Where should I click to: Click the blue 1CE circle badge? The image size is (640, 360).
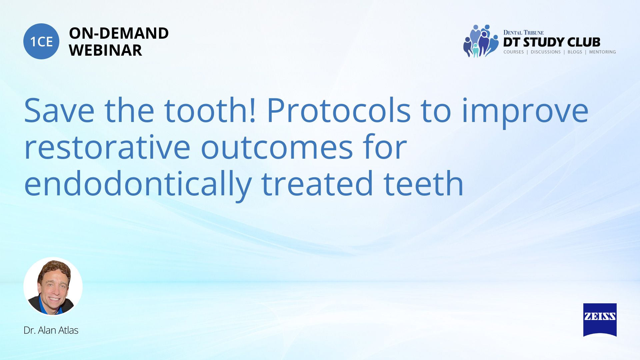point(41,41)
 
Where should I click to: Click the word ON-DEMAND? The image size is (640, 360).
point(119,33)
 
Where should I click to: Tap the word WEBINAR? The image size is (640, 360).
point(105,50)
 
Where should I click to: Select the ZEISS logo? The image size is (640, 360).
point(600,320)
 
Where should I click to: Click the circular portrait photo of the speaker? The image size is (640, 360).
point(53,286)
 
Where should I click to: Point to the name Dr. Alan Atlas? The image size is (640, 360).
point(51,330)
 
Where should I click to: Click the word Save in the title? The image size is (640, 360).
point(59,111)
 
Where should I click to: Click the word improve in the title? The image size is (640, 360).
point(525,113)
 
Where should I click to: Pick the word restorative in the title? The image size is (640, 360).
point(107,147)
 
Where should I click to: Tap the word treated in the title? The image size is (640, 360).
point(317,184)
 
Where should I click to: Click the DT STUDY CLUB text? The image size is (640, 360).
point(552,42)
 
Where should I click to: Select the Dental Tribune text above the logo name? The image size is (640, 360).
point(523,32)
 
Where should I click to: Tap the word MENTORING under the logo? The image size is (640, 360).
point(602,52)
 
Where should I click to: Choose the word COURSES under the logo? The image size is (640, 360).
point(514,52)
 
